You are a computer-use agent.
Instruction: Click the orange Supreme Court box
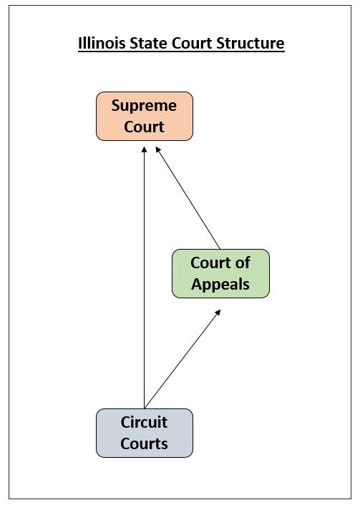pos(145,116)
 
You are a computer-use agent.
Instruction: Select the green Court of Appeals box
pos(220,273)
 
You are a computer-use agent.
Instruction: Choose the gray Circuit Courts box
pos(145,433)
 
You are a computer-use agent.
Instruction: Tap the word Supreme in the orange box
pos(145,106)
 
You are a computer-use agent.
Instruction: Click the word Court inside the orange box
pos(145,127)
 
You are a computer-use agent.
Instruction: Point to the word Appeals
pos(220,284)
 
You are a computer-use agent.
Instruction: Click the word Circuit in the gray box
pos(145,422)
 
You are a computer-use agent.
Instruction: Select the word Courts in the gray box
pos(145,443)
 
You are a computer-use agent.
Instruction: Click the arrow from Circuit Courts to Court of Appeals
pos(182,359)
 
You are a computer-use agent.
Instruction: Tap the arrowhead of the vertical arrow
pos(145,149)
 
